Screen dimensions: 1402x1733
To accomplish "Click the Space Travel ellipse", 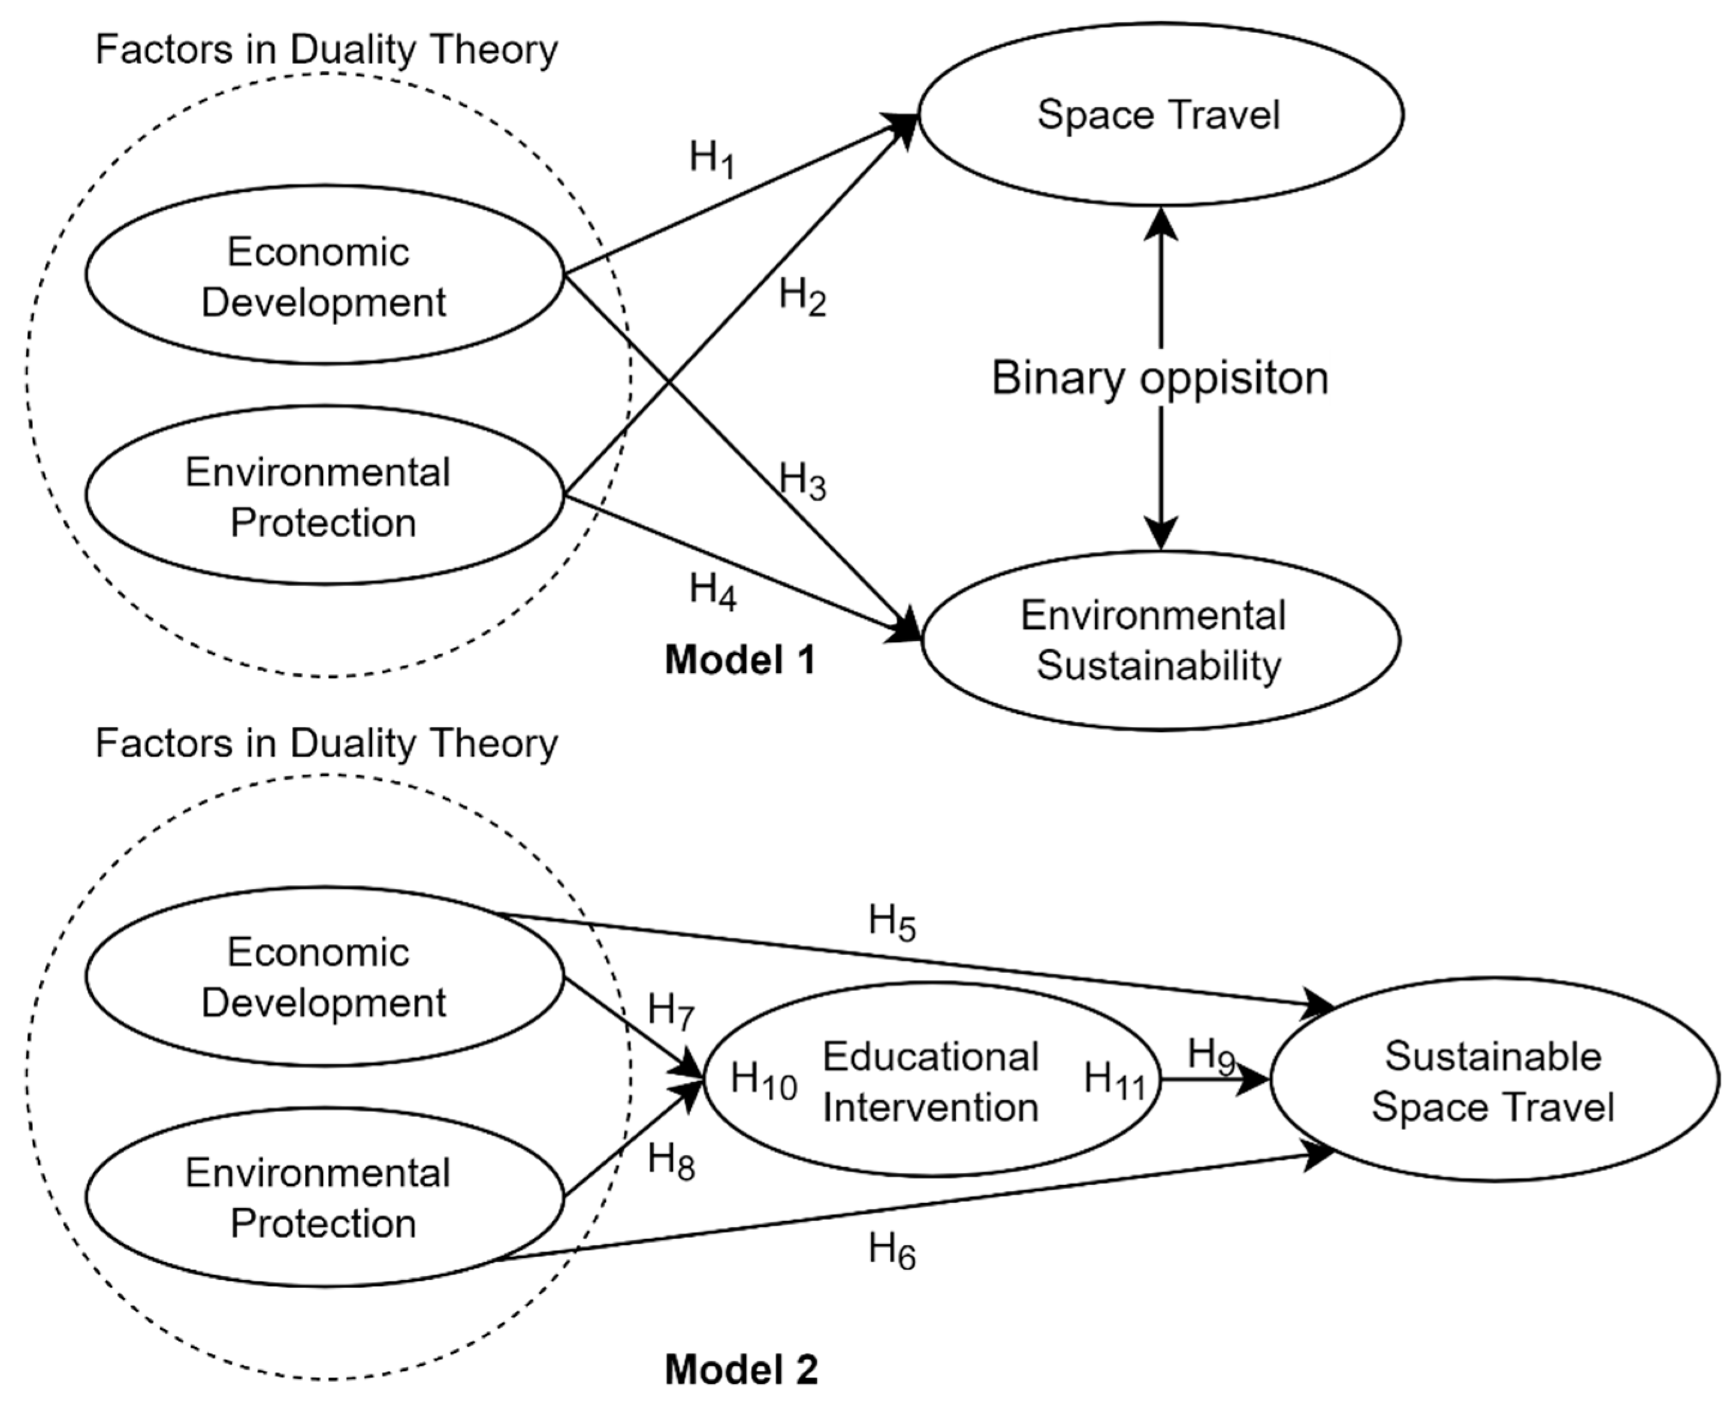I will point(1160,114).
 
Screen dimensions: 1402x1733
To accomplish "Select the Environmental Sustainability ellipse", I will point(1160,640).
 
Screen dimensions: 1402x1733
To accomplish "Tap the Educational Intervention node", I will point(931,1082).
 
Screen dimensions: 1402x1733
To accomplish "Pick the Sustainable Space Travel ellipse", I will point(1493,1080).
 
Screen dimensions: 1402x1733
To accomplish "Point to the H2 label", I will point(801,296).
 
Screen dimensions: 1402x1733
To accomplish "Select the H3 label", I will point(801,482).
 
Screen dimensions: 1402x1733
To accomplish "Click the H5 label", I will point(891,922).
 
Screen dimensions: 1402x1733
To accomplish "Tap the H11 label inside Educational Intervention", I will point(1114,1080).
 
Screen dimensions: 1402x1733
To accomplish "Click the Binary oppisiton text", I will point(1160,378).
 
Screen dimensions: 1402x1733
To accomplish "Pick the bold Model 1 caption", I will point(740,661).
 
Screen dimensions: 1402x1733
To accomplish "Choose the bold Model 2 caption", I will point(741,1370).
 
